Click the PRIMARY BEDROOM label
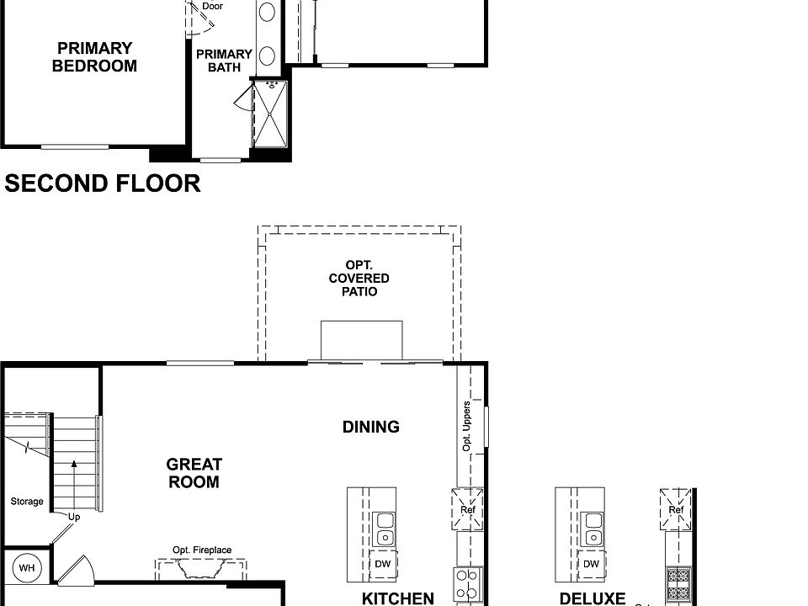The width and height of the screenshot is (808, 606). (x=94, y=57)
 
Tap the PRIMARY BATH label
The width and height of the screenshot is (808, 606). (x=224, y=61)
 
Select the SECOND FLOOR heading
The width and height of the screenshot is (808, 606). (x=103, y=183)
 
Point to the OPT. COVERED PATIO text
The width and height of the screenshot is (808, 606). (x=359, y=279)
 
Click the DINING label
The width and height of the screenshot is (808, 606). (x=371, y=427)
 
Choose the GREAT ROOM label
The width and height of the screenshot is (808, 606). (x=194, y=473)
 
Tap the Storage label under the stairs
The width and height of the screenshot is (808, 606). (x=27, y=502)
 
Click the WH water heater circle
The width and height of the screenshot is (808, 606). (x=27, y=568)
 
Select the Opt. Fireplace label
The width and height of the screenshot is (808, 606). (x=202, y=550)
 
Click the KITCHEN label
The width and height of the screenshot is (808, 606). (x=398, y=598)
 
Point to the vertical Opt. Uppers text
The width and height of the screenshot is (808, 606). (x=467, y=427)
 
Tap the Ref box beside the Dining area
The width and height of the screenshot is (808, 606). (x=467, y=509)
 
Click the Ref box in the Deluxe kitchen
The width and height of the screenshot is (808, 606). (x=676, y=509)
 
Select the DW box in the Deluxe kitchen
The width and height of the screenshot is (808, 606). (x=592, y=564)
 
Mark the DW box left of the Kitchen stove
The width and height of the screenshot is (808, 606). (x=383, y=564)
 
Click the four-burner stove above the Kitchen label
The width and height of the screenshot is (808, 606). (x=467, y=583)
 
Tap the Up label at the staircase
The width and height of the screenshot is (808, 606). (x=74, y=517)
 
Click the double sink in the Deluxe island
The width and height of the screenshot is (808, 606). (x=593, y=529)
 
